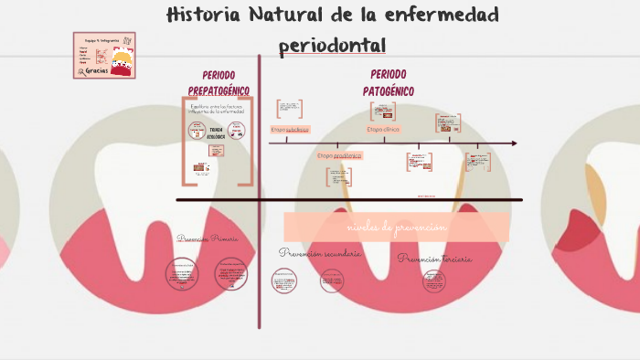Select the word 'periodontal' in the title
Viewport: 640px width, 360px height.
click(x=332, y=45)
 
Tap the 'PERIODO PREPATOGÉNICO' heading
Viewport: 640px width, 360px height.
click(x=219, y=82)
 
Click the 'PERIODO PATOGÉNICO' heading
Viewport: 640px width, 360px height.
click(x=389, y=82)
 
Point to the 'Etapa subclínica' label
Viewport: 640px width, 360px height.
click(x=290, y=130)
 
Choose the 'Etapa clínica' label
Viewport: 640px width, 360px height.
click(x=383, y=130)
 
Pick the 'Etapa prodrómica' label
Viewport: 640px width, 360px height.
click(x=339, y=155)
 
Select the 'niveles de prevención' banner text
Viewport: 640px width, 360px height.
click(x=397, y=227)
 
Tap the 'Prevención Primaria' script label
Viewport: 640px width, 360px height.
click(x=208, y=238)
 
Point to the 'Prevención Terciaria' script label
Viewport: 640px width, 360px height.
click(x=435, y=259)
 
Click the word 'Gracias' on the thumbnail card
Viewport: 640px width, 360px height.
click(x=97, y=69)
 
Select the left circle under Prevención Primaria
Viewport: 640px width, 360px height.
click(x=182, y=273)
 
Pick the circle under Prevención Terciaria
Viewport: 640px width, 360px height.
click(x=434, y=281)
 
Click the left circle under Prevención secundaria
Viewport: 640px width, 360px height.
click(x=284, y=281)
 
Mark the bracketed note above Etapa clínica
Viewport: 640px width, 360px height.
click(x=383, y=111)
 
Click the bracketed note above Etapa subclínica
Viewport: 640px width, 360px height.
click(x=290, y=109)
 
